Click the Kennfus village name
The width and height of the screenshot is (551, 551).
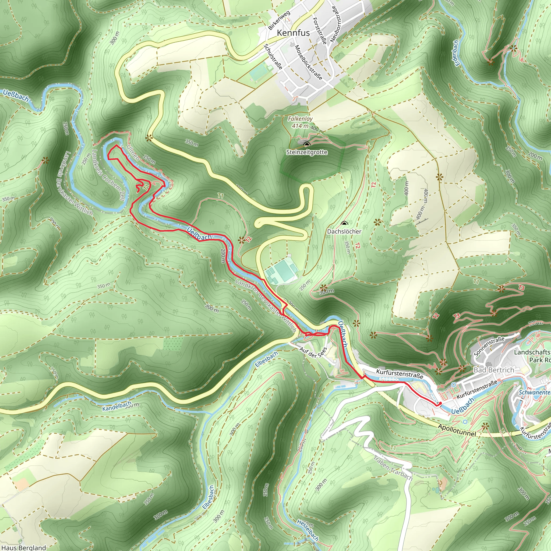pyautogui.click(x=293, y=33)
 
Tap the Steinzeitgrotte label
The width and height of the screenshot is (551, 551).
pyautogui.click(x=307, y=152)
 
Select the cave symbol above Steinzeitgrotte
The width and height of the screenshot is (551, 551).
pyautogui.click(x=307, y=144)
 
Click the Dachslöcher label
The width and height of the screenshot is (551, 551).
pyautogui.click(x=344, y=231)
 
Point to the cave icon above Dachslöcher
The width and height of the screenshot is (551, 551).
pyautogui.click(x=344, y=223)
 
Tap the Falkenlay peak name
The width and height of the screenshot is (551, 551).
pyautogui.click(x=300, y=119)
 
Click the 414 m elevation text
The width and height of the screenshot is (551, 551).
pyautogui.click(x=300, y=126)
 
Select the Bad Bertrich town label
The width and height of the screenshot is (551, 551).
pyautogui.click(x=494, y=370)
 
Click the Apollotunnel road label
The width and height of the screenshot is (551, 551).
pyautogui.click(x=457, y=430)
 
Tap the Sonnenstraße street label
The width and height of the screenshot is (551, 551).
pyautogui.click(x=489, y=346)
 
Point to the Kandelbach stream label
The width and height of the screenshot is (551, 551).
pyautogui.click(x=117, y=406)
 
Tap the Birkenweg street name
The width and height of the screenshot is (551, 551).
pyautogui.click(x=279, y=20)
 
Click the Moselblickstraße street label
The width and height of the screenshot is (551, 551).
pyautogui.click(x=308, y=62)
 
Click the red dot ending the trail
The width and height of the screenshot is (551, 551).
pyautogui.click(x=440, y=403)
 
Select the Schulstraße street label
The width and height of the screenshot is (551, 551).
pyautogui.click(x=273, y=56)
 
